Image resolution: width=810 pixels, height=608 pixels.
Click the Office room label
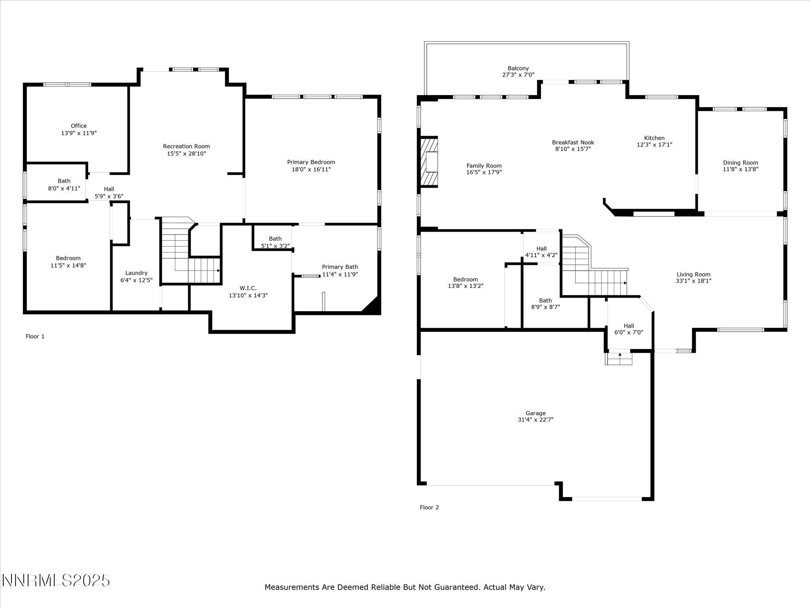click(x=79, y=126)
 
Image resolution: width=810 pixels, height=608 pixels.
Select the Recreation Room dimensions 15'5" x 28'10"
click(x=186, y=154)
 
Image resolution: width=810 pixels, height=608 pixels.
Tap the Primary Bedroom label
click(x=311, y=162)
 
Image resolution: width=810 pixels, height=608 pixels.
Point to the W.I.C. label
click(x=248, y=288)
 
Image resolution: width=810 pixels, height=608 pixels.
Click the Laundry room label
click(x=136, y=273)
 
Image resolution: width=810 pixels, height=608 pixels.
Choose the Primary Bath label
click(x=340, y=267)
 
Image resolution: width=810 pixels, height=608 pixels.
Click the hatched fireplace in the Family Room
click(x=429, y=161)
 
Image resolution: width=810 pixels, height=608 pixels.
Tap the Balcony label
click(x=518, y=68)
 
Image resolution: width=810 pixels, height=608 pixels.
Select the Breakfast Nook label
click(x=573, y=142)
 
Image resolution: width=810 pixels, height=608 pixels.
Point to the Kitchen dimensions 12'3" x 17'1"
click(x=654, y=145)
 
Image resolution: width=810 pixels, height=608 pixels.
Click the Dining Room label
click(x=740, y=163)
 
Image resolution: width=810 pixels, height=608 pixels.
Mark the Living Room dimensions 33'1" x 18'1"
click(x=693, y=281)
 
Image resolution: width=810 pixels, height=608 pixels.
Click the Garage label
click(x=536, y=413)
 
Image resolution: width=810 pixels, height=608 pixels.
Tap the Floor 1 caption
click(x=35, y=336)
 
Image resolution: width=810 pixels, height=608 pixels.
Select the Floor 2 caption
click(x=429, y=507)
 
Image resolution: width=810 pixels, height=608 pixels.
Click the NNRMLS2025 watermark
click(x=56, y=580)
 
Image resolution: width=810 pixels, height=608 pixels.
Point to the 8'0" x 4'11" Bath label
click(x=64, y=188)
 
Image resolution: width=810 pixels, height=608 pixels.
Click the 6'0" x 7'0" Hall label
click(x=628, y=332)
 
